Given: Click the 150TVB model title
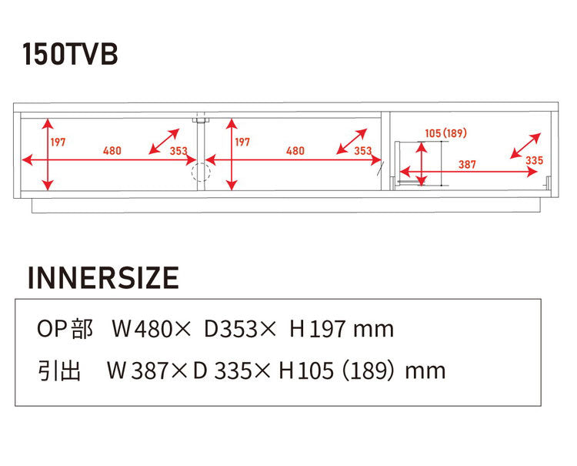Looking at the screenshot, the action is pos(70,54).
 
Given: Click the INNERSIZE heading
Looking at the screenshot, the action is pos(103,277).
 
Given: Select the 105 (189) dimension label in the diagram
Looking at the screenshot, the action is pos(445,133).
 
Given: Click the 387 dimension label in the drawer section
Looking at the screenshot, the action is pos(467,164).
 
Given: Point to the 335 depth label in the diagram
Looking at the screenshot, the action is pos(534,160).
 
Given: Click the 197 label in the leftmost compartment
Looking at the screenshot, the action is pos(58,142).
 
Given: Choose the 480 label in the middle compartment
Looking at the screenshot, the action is pos(295,151).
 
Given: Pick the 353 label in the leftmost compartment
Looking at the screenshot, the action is pos(178,151).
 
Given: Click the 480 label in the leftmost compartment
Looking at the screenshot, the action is pos(112,151).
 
